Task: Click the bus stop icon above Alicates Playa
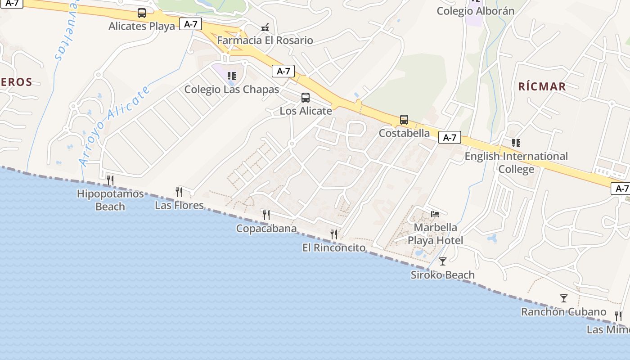point(142,13)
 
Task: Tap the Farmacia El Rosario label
point(265,40)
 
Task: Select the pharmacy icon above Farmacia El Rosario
point(265,27)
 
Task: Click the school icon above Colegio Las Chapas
point(232,76)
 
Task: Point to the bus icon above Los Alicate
point(306,98)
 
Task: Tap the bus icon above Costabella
point(404,120)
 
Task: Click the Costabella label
point(404,133)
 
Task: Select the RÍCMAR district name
point(542,86)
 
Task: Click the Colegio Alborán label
point(476,11)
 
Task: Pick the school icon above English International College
point(516,143)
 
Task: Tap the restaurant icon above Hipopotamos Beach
point(110,180)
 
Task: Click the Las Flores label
point(179,205)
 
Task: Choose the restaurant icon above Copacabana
point(266,215)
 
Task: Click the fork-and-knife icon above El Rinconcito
point(334,234)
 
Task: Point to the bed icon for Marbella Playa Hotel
point(435,214)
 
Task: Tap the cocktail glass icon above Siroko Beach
point(443,261)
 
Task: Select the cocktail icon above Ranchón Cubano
point(563,298)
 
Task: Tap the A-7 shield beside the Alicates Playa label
point(191,24)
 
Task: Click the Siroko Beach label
point(442,275)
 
